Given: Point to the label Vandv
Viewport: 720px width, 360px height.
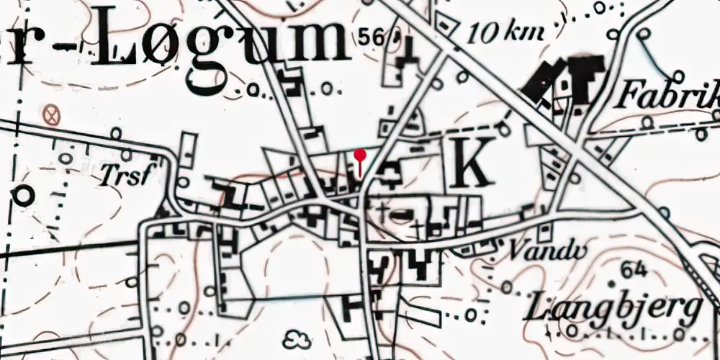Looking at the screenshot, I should (534, 250).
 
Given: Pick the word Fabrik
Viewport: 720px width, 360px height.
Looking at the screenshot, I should (668, 94).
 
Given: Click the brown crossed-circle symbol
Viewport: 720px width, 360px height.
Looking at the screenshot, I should (50, 114).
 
